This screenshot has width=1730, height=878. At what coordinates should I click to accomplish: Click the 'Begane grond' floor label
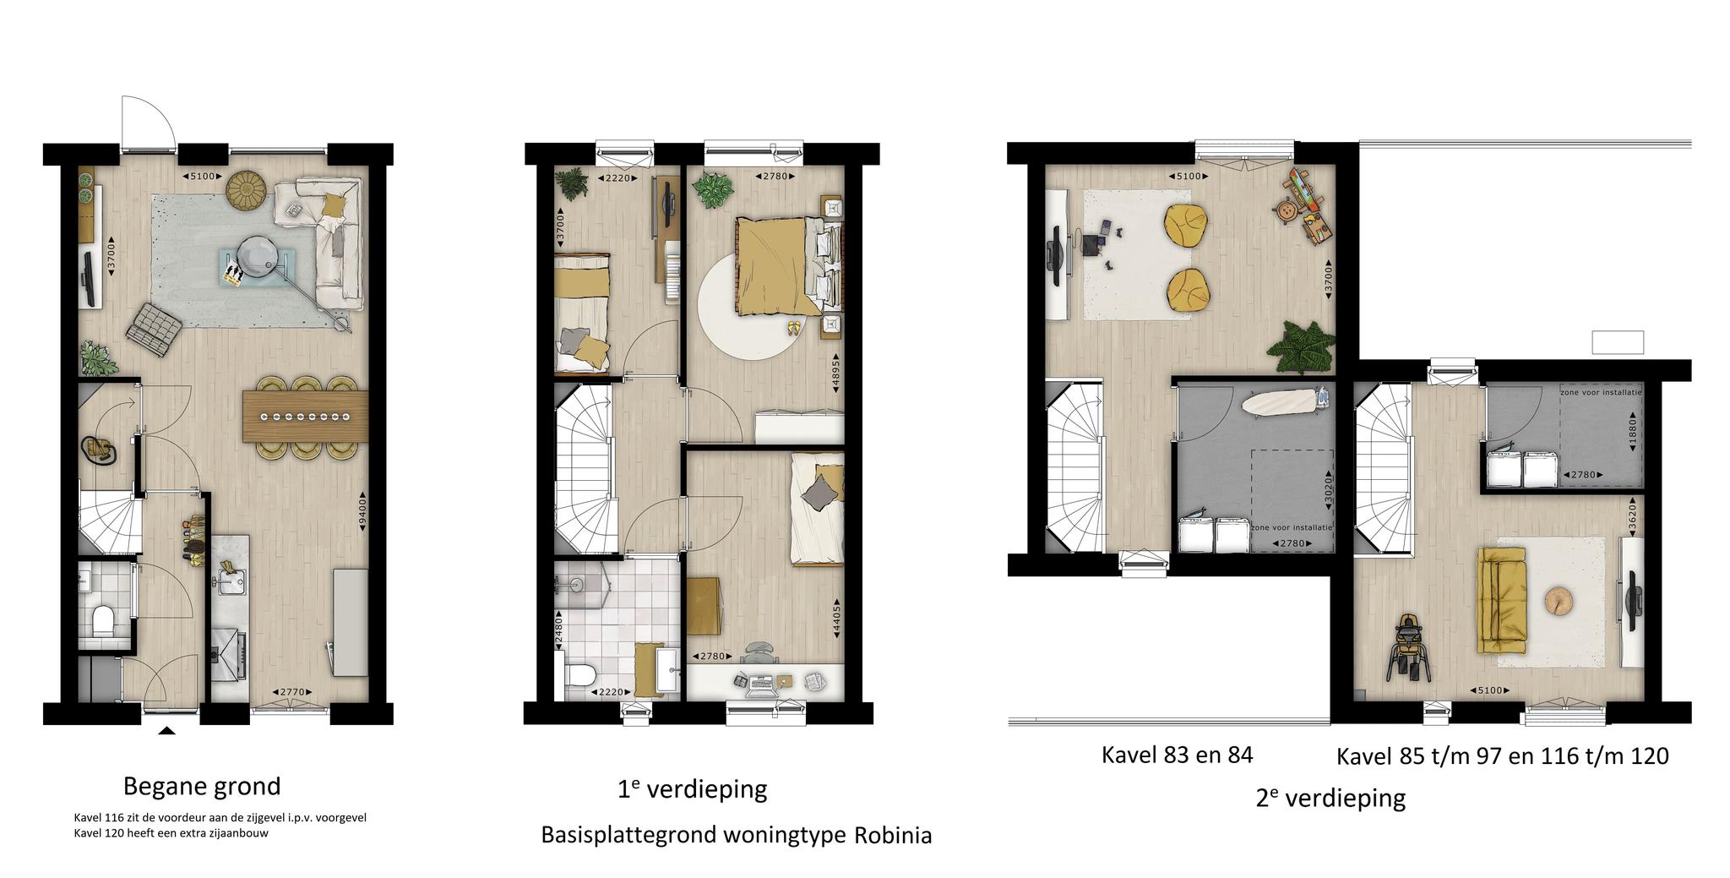[202, 787]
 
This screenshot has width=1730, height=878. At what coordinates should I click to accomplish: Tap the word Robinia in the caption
[893, 836]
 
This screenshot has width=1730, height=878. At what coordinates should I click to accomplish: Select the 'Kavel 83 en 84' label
[1177, 754]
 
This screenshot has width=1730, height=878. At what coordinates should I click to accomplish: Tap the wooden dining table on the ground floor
[304, 416]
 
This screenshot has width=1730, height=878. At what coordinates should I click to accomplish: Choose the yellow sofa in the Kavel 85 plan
[1501, 600]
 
